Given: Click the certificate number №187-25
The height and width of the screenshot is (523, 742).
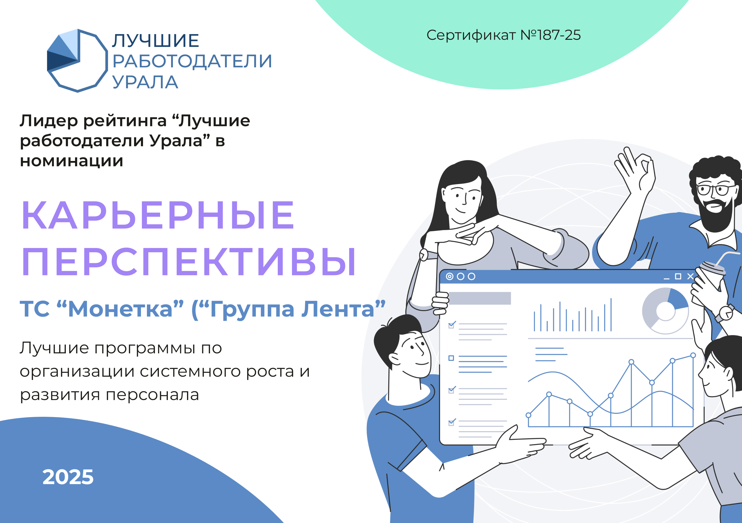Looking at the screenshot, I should click(x=550, y=35).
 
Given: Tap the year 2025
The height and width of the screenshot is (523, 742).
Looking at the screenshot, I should click(x=68, y=477).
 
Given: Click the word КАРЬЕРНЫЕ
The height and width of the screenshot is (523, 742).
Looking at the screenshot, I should click(x=158, y=215).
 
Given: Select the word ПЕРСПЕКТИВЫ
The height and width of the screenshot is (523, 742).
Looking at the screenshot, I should click(x=189, y=262).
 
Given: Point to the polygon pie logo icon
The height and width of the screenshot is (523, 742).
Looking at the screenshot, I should click(x=77, y=60).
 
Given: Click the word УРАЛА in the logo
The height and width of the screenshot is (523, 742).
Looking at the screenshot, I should click(x=145, y=82).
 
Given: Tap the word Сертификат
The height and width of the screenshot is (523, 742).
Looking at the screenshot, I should click(x=471, y=35).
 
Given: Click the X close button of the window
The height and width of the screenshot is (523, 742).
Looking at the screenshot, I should click(x=690, y=276).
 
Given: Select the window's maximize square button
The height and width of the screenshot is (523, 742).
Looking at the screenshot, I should click(x=678, y=276).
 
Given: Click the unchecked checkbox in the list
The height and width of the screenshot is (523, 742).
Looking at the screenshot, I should click(x=451, y=358).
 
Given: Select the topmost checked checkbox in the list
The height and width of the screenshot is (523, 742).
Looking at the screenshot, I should click(x=451, y=325).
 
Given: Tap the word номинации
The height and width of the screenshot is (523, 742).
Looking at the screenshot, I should click(x=72, y=161).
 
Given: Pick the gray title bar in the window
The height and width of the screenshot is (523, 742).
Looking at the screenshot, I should click(x=480, y=298).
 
